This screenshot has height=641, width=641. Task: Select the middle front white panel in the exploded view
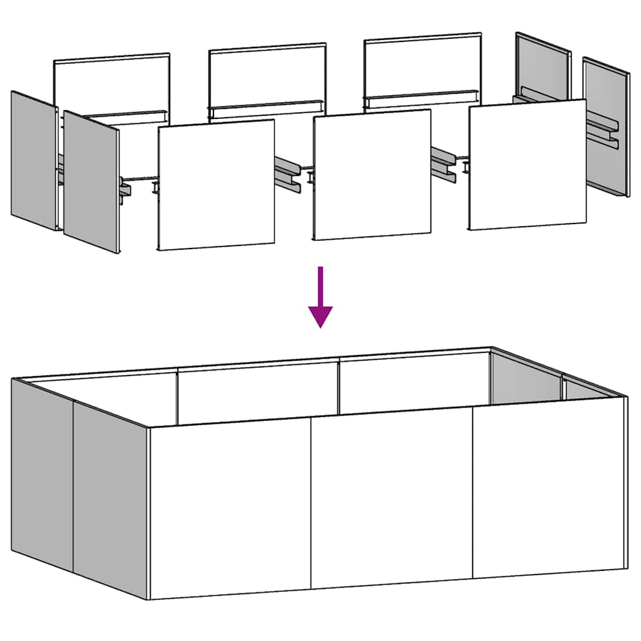click(372, 175)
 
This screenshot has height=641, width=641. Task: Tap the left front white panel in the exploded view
click(216, 185)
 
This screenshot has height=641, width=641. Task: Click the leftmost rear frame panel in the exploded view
click(112, 85)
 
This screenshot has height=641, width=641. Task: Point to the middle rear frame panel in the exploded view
click(267, 75)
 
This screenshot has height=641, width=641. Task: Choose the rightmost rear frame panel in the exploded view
click(423, 65)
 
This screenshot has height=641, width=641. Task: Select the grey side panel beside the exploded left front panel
click(91, 182)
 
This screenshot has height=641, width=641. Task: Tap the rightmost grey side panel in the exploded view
click(606, 125)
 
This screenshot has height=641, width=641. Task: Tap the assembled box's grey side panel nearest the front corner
click(110, 498)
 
